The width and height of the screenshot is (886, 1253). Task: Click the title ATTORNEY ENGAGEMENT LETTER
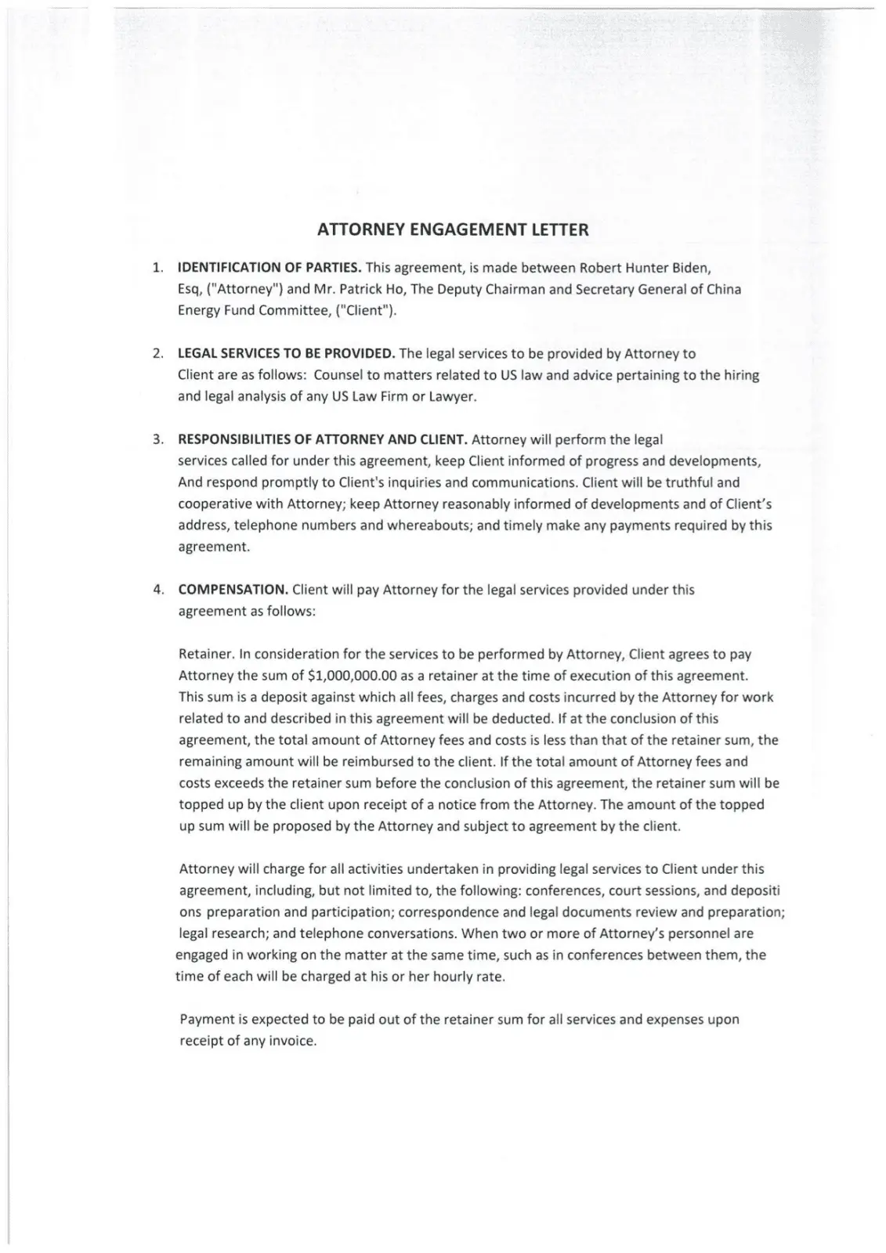coord(453,230)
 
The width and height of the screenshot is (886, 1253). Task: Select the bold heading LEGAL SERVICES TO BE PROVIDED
coord(287,354)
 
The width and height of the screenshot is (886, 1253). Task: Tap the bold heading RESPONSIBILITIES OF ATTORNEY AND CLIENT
coord(323,439)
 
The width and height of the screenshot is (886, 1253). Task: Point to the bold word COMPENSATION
coord(233,590)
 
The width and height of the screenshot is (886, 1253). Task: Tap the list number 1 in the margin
coord(157,268)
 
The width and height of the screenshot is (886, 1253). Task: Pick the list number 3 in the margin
coord(157,439)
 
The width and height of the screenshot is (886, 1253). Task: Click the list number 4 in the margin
coord(157,590)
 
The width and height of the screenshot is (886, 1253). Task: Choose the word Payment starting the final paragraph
coord(205,1020)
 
